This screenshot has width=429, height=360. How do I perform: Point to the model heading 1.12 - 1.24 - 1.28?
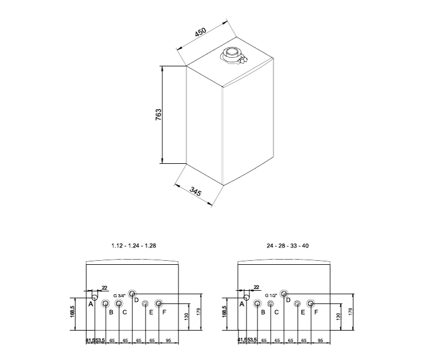[x=133, y=246]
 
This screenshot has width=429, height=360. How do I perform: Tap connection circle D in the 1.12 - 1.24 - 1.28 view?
[x=132, y=293]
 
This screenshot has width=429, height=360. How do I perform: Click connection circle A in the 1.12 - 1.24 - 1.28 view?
[x=92, y=297]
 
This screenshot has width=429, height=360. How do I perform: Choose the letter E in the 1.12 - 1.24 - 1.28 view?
[x=151, y=313]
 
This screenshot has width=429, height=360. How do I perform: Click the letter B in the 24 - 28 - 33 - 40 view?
[x=263, y=312]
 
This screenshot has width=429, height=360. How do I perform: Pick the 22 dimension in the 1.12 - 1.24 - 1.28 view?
[x=104, y=287]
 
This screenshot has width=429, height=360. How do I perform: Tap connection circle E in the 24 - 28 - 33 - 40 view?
[x=297, y=303]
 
